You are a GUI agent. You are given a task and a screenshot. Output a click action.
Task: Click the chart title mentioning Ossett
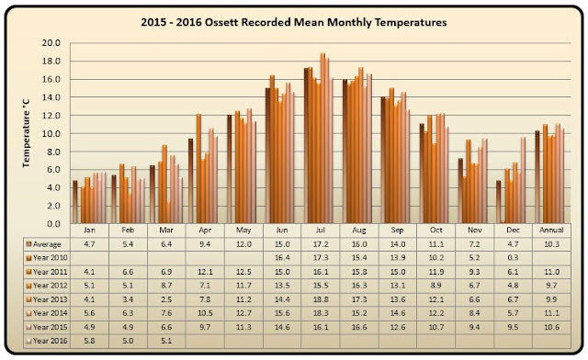pos(294,22)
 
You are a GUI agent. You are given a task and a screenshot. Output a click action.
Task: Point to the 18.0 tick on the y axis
pos(51,62)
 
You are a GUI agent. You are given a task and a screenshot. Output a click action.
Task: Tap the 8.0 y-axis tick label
pos(53,152)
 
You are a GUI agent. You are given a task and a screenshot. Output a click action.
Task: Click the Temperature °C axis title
pos(26,133)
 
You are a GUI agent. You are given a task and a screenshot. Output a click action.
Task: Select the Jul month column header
pos(321,230)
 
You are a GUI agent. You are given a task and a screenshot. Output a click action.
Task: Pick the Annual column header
pos(551,230)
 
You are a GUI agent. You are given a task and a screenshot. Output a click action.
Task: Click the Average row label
pos(47,244)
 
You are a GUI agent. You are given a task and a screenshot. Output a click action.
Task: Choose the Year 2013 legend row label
pos(51,299)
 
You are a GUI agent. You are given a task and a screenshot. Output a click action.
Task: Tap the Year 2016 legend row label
pos(51,341)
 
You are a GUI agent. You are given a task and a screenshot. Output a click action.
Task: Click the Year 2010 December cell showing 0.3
pos(513,258)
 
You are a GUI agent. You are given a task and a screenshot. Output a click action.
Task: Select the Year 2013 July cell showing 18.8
pos(321,299)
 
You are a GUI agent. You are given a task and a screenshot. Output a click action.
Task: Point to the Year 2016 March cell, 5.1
pos(166,341)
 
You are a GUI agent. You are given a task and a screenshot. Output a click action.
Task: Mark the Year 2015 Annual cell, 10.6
pos(551,327)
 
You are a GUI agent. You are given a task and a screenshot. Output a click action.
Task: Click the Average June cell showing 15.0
pos(282,244)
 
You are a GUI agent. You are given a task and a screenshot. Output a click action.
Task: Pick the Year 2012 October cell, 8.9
pos(435,286)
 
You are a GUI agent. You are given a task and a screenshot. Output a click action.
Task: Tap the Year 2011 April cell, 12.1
pos(205,272)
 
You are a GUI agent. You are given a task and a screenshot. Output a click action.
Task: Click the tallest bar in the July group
pos(322,139)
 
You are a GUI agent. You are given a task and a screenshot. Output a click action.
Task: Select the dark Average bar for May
pos(229,169)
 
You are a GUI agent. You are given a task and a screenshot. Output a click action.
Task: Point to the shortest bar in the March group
pos(168,212)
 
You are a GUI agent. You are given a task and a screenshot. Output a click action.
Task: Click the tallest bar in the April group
pos(198,169)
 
